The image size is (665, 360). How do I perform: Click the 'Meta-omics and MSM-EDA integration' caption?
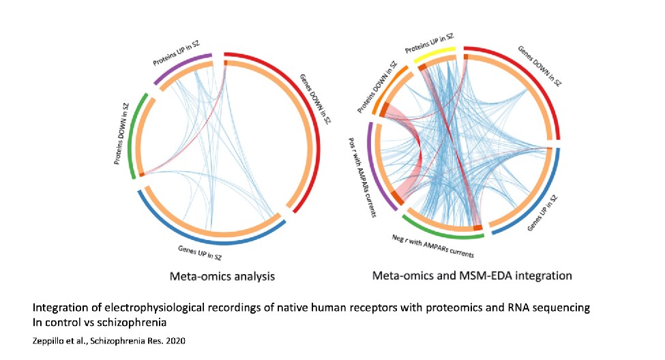click(472, 276)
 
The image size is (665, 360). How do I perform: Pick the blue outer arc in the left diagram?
click(205, 235)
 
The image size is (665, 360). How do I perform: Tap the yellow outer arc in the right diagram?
click(438, 52)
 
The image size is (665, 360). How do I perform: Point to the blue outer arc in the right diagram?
click(546, 198)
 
